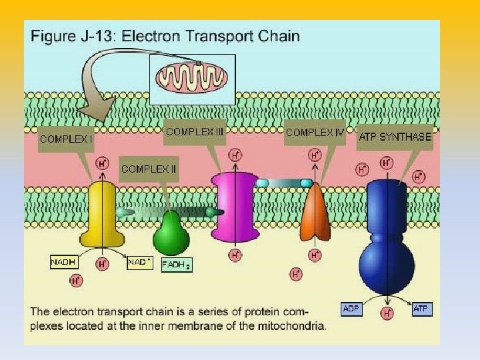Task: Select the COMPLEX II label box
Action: pyautogui.click(x=149, y=169)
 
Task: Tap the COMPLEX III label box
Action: pyautogui.click(x=195, y=132)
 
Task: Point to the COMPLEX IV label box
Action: pyautogui.click(x=315, y=132)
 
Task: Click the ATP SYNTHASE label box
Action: pyautogui.click(x=395, y=137)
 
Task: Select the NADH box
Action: pyautogui.click(x=64, y=263)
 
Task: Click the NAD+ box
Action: pyautogui.click(x=140, y=263)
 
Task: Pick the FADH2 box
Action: pyautogui.click(x=177, y=265)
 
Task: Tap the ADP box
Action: pyautogui.click(x=351, y=309)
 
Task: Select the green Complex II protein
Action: pyautogui.click(x=171, y=233)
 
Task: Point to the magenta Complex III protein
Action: pyautogui.click(x=234, y=207)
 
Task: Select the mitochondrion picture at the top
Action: pyautogui.click(x=193, y=79)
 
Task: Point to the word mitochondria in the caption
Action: pyautogui.click(x=294, y=326)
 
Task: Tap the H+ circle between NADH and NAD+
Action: pyautogui.click(x=103, y=264)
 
